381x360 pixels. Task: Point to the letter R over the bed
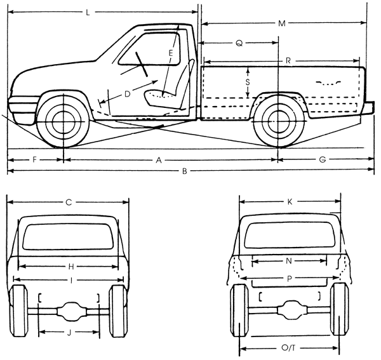tap(288, 61)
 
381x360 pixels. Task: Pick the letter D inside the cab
tap(127, 94)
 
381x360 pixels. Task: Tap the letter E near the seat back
tap(171, 53)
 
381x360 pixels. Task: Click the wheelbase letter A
tap(158, 160)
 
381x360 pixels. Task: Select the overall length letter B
tap(184, 171)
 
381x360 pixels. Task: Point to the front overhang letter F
tap(34, 160)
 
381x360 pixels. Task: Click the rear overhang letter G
tap(322, 160)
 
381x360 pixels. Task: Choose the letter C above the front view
tap(68, 203)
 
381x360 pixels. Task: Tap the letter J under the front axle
tap(69, 333)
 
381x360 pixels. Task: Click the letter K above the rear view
tap(290, 201)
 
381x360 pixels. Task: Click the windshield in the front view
tap(68, 236)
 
